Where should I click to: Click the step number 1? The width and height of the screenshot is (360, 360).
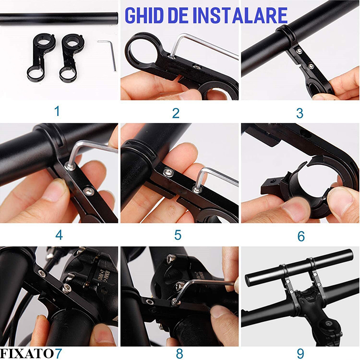coord(57,111)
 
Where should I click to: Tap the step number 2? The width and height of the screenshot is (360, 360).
coord(176,112)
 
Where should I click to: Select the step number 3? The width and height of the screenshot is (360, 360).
coord(299,112)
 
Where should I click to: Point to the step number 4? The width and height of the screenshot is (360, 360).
coord(59,234)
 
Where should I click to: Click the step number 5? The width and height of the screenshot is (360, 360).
coord(178,234)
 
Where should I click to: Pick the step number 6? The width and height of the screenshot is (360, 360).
coord(301,235)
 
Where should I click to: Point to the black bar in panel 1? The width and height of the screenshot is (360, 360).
coord(58,18)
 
